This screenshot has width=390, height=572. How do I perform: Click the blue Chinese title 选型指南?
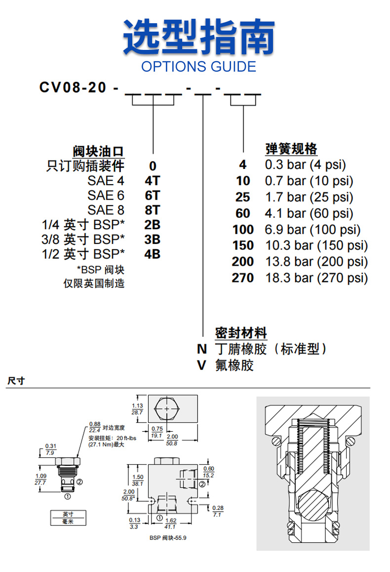198,37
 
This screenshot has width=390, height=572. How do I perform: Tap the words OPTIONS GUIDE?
198,67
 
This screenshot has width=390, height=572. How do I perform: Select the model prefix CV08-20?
73,87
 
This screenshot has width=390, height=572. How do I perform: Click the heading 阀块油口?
98,151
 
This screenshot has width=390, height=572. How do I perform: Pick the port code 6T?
153,195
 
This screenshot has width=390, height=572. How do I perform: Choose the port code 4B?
153,254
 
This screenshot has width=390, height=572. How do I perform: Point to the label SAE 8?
106,210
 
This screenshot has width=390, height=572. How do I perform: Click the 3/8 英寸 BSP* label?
83,240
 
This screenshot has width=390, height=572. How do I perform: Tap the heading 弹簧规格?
291,149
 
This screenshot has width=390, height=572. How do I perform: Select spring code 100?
243,230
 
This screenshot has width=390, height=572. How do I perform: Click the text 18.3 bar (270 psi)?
316,278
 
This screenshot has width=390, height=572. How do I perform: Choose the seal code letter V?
202,366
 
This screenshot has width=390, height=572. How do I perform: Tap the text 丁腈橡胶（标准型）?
271,349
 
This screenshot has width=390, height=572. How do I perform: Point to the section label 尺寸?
16,381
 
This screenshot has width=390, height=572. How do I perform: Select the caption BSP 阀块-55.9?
167,538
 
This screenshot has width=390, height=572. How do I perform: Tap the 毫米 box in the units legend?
67,521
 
